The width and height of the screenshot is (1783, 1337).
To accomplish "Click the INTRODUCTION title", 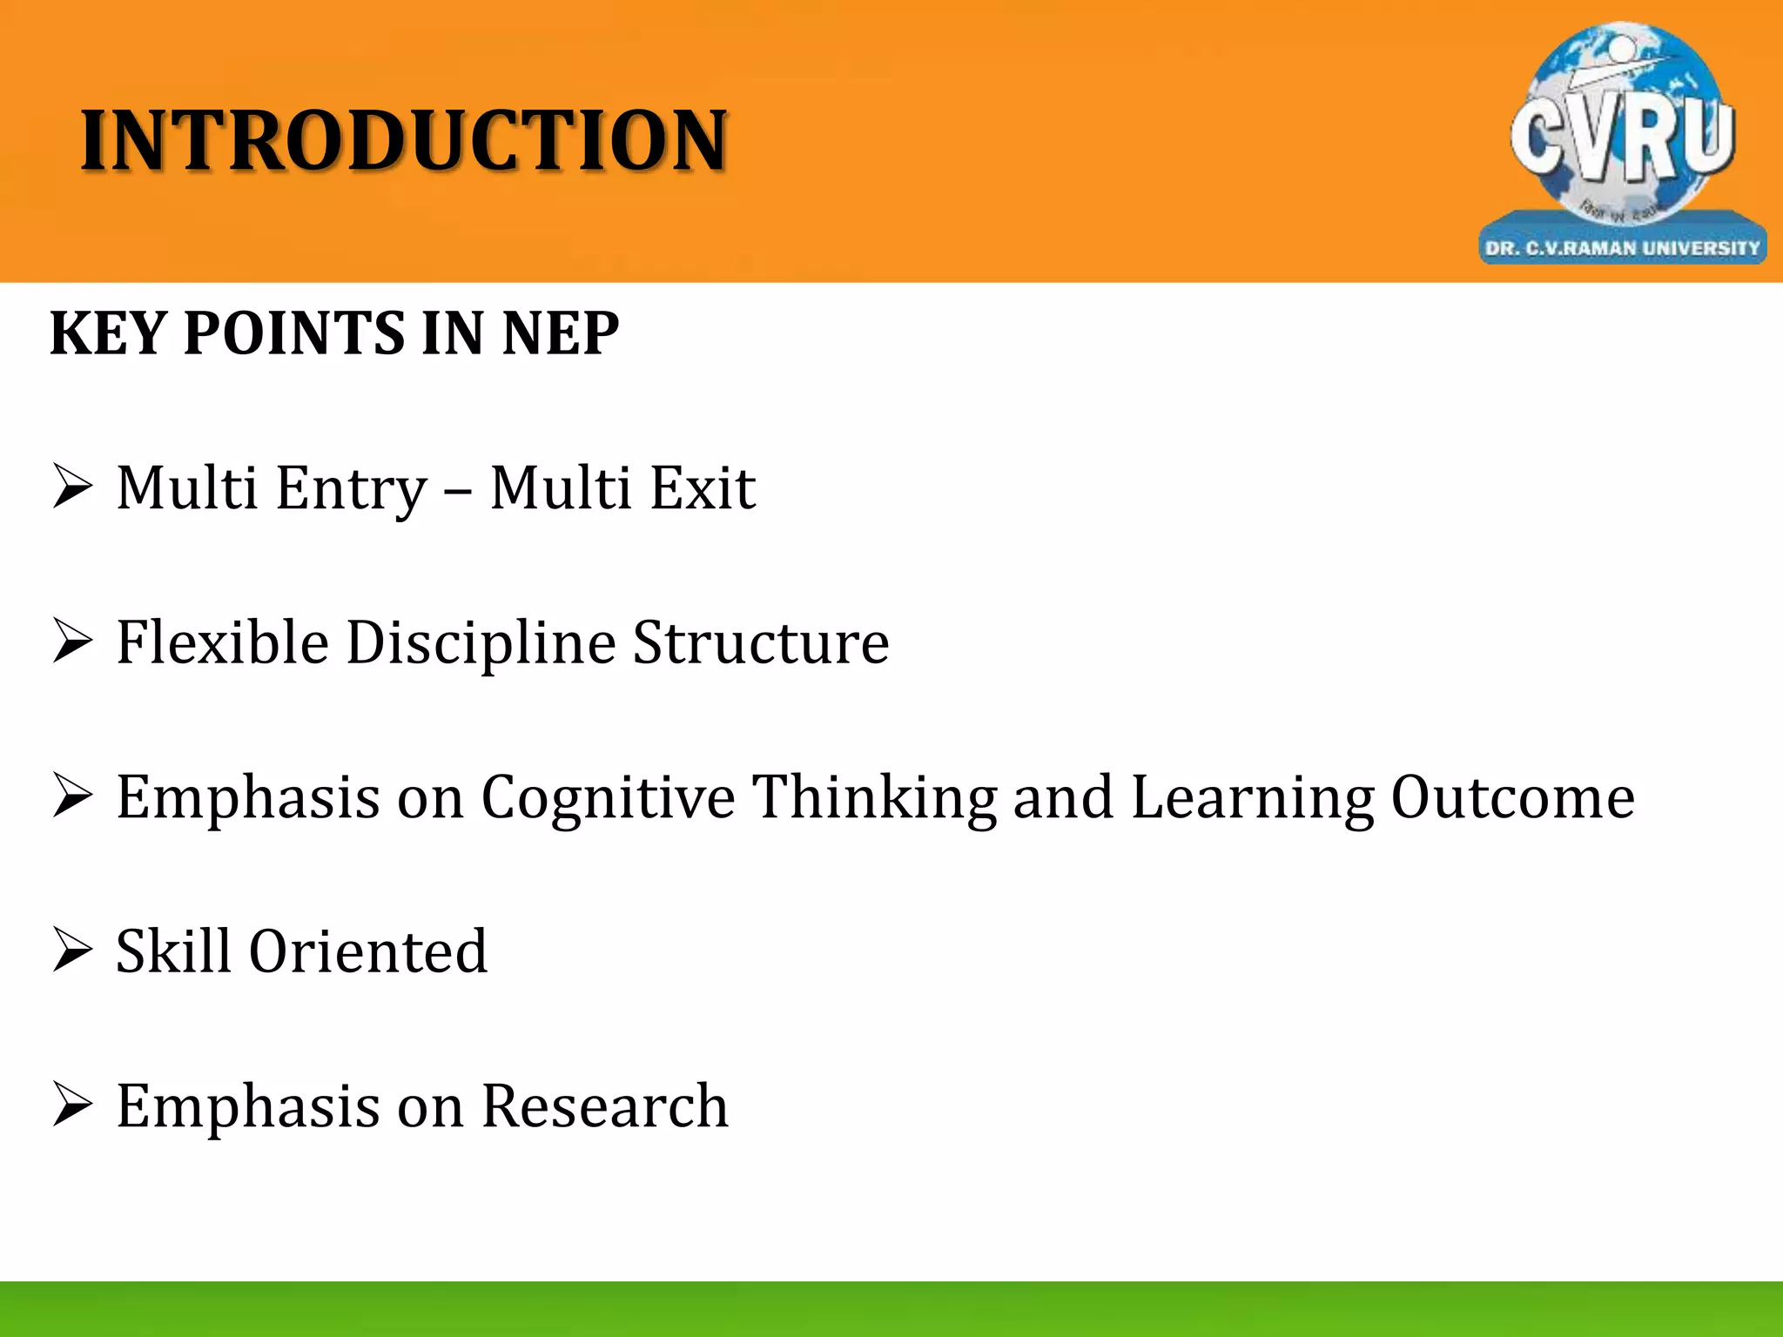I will pos(404,141).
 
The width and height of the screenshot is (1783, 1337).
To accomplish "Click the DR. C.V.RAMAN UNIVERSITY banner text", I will pos(1622,248).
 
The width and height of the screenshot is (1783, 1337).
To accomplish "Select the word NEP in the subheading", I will pos(561,333).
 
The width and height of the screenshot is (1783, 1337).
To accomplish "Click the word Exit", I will pos(703,487).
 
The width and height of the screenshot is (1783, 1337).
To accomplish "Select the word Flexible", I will pos(222,642).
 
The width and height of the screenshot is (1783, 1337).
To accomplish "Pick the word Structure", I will pos(761,642).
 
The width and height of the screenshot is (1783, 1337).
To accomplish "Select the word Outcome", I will pos(1512,796).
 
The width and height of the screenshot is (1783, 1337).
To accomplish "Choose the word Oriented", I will pos(367,951).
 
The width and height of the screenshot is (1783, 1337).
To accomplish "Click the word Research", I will pos(604,1105).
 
